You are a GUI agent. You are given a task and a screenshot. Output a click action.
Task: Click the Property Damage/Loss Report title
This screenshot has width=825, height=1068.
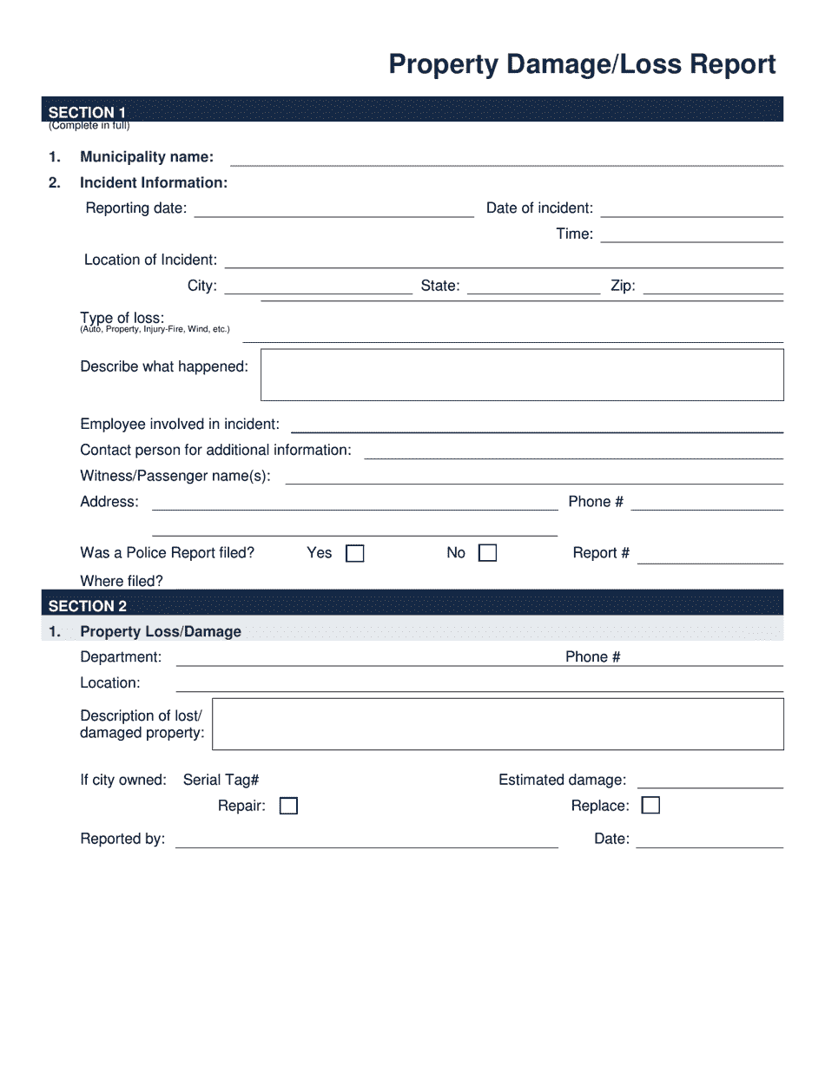(x=582, y=65)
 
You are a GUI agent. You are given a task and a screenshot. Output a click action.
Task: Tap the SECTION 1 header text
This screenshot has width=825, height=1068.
(x=87, y=112)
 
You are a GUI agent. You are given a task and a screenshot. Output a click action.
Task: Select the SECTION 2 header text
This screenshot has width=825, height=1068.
(x=87, y=606)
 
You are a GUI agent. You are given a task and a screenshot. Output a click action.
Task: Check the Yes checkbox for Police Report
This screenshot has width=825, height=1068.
(x=355, y=554)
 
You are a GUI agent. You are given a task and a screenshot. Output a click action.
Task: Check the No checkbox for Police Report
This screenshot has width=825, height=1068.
(x=488, y=554)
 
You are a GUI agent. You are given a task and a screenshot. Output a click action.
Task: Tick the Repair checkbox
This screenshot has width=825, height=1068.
(x=288, y=807)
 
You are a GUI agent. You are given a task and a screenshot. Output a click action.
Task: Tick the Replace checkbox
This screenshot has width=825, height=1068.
(x=650, y=806)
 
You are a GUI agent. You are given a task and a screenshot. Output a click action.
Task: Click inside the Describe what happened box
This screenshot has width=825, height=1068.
(x=522, y=375)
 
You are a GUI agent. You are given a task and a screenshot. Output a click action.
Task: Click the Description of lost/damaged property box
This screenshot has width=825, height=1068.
(x=498, y=724)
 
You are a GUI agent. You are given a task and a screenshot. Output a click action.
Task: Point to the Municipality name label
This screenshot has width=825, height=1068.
(x=146, y=157)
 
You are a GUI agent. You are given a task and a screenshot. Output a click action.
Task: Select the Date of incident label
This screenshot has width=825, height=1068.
(x=539, y=208)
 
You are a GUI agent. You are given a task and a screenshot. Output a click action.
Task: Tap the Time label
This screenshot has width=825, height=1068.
(x=574, y=234)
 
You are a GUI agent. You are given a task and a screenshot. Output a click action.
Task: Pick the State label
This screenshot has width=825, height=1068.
(x=439, y=286)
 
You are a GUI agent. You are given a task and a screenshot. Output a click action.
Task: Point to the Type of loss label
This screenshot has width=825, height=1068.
(x=122, y=318)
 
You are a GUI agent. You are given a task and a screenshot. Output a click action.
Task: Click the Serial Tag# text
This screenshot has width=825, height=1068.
(x=221, y=781)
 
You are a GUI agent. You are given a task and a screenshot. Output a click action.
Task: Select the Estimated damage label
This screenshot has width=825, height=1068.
(x=562, y=781)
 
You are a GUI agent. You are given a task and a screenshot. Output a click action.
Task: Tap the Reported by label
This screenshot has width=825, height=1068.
(x=122, y=839)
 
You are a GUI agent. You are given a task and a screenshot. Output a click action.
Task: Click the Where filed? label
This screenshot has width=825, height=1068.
(x=122, y=581)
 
